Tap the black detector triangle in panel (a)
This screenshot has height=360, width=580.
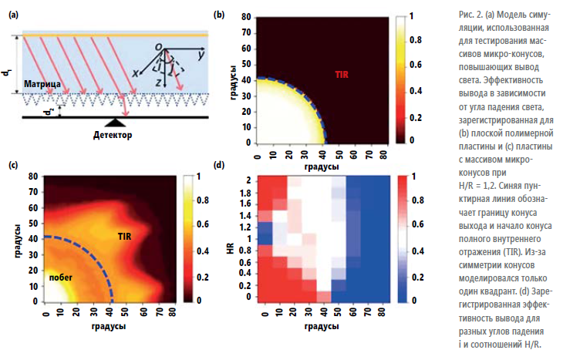(116, 122)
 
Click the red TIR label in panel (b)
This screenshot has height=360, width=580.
(342, 75)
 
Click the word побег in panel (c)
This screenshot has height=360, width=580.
(60, 275)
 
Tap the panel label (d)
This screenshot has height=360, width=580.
(219, 164)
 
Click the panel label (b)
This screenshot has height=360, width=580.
(219, 14)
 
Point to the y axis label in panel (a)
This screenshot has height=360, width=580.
(200, 56)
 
